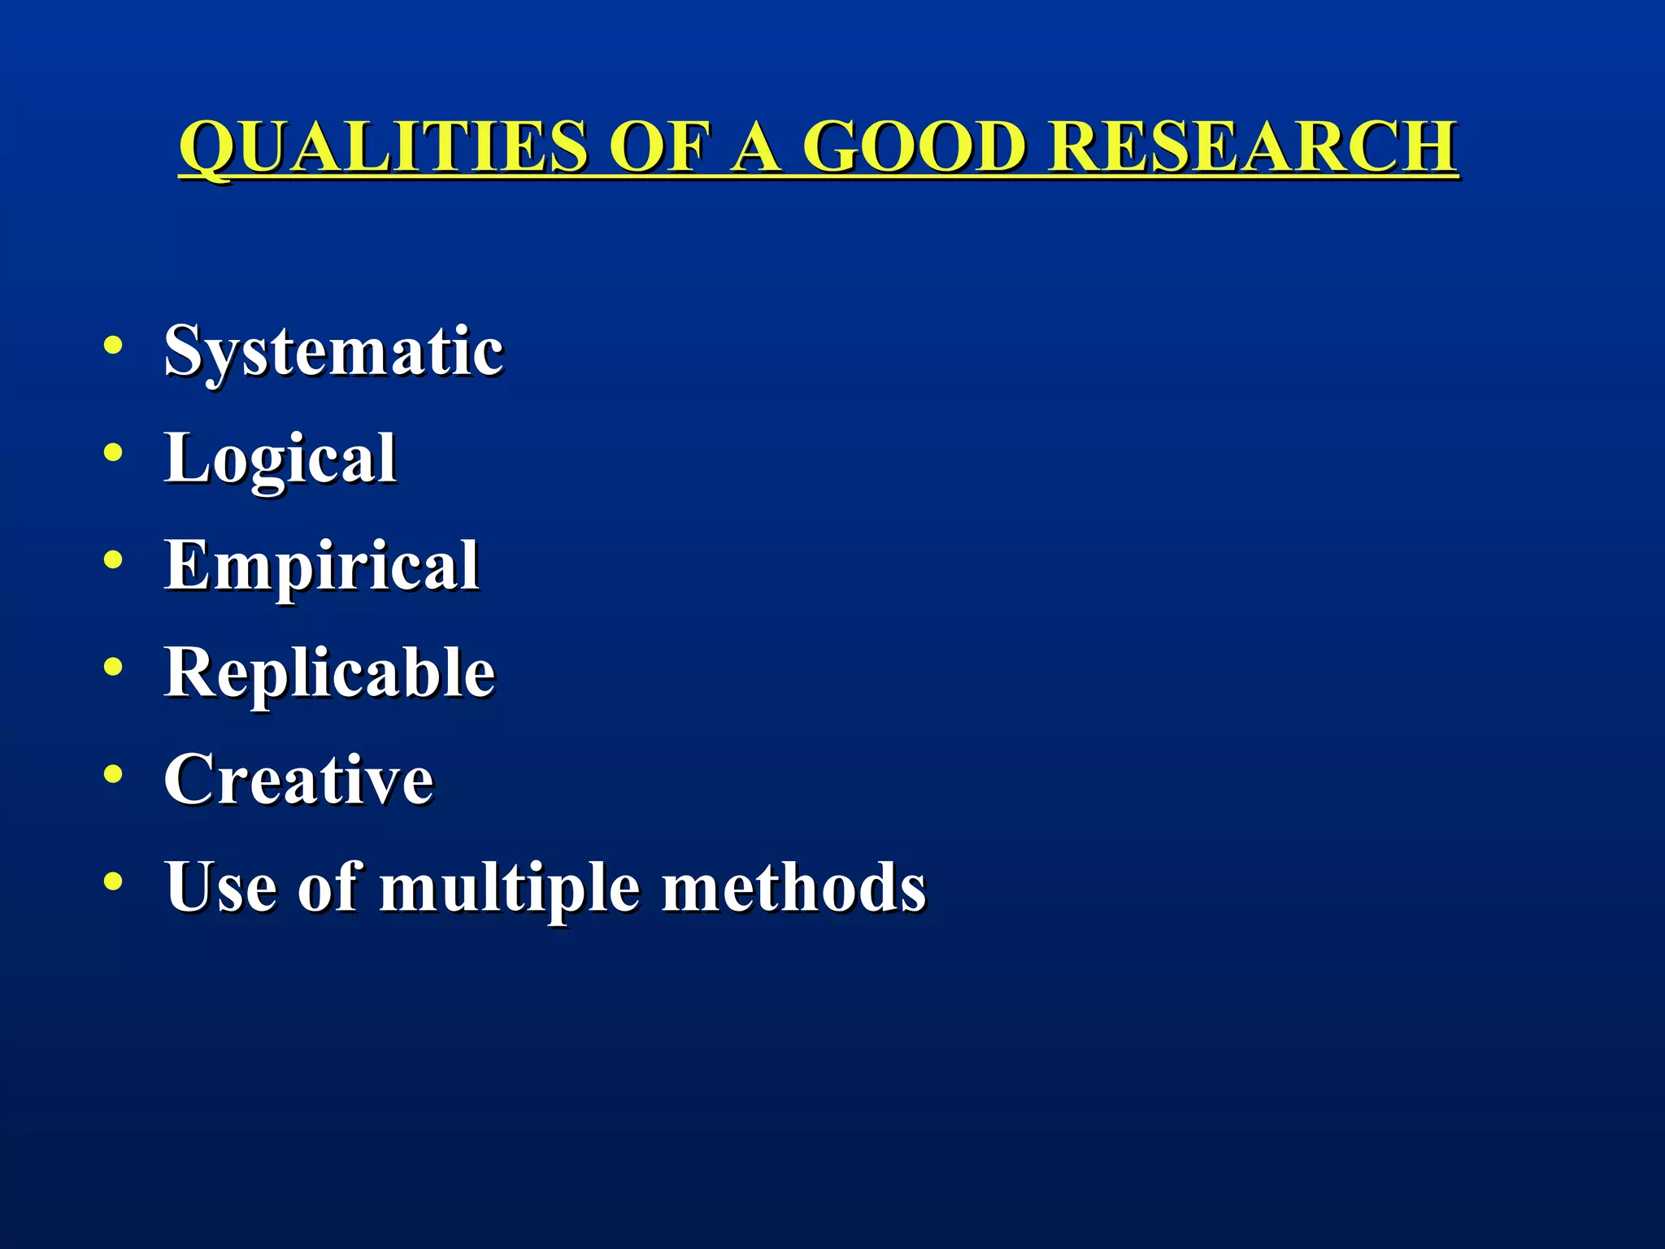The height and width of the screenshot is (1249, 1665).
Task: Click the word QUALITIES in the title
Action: click(x=382, y=146)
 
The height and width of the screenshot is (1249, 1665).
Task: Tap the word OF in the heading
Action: click(x=659, y=146)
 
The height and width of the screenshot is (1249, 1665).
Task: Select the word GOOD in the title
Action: click(x=914, y=146)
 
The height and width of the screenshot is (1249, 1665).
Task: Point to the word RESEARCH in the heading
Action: click(x=1253, y=146)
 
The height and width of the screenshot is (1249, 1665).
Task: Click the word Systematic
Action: click(x=333, y=351)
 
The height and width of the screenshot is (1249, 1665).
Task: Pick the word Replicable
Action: click(x=329, y=673)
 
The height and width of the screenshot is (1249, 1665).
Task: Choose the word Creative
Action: click(x=299, y=780)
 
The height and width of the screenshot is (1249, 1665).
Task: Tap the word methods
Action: click(x=793, y=886)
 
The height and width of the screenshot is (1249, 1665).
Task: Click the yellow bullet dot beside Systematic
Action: click(x=113, y=345)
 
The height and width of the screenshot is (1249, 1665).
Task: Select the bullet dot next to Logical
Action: click(x=113, y=452)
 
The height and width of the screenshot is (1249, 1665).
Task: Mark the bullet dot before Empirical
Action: click(x=113, y=559)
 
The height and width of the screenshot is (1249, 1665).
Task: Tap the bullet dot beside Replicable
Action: click(x=113, y=667)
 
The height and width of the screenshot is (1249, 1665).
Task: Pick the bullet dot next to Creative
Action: click(x=113, y=774)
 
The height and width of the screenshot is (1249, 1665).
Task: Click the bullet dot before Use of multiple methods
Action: click(x=113, y=881)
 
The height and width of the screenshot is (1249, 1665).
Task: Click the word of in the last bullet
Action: click(x=328, y=886)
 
